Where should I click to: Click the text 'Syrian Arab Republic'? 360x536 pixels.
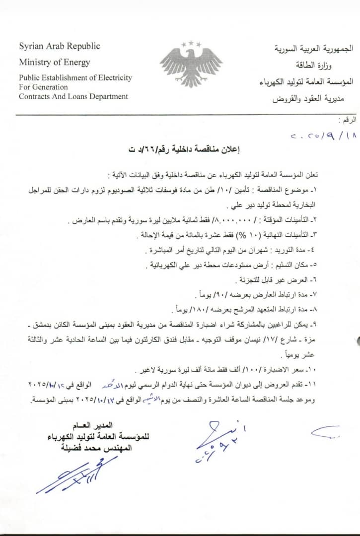tap(59, 46)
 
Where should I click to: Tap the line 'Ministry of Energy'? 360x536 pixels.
tap(55, 62)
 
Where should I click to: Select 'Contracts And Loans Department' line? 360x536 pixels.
tap(73, 96)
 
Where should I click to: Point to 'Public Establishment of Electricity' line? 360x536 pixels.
tap(75, 77)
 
